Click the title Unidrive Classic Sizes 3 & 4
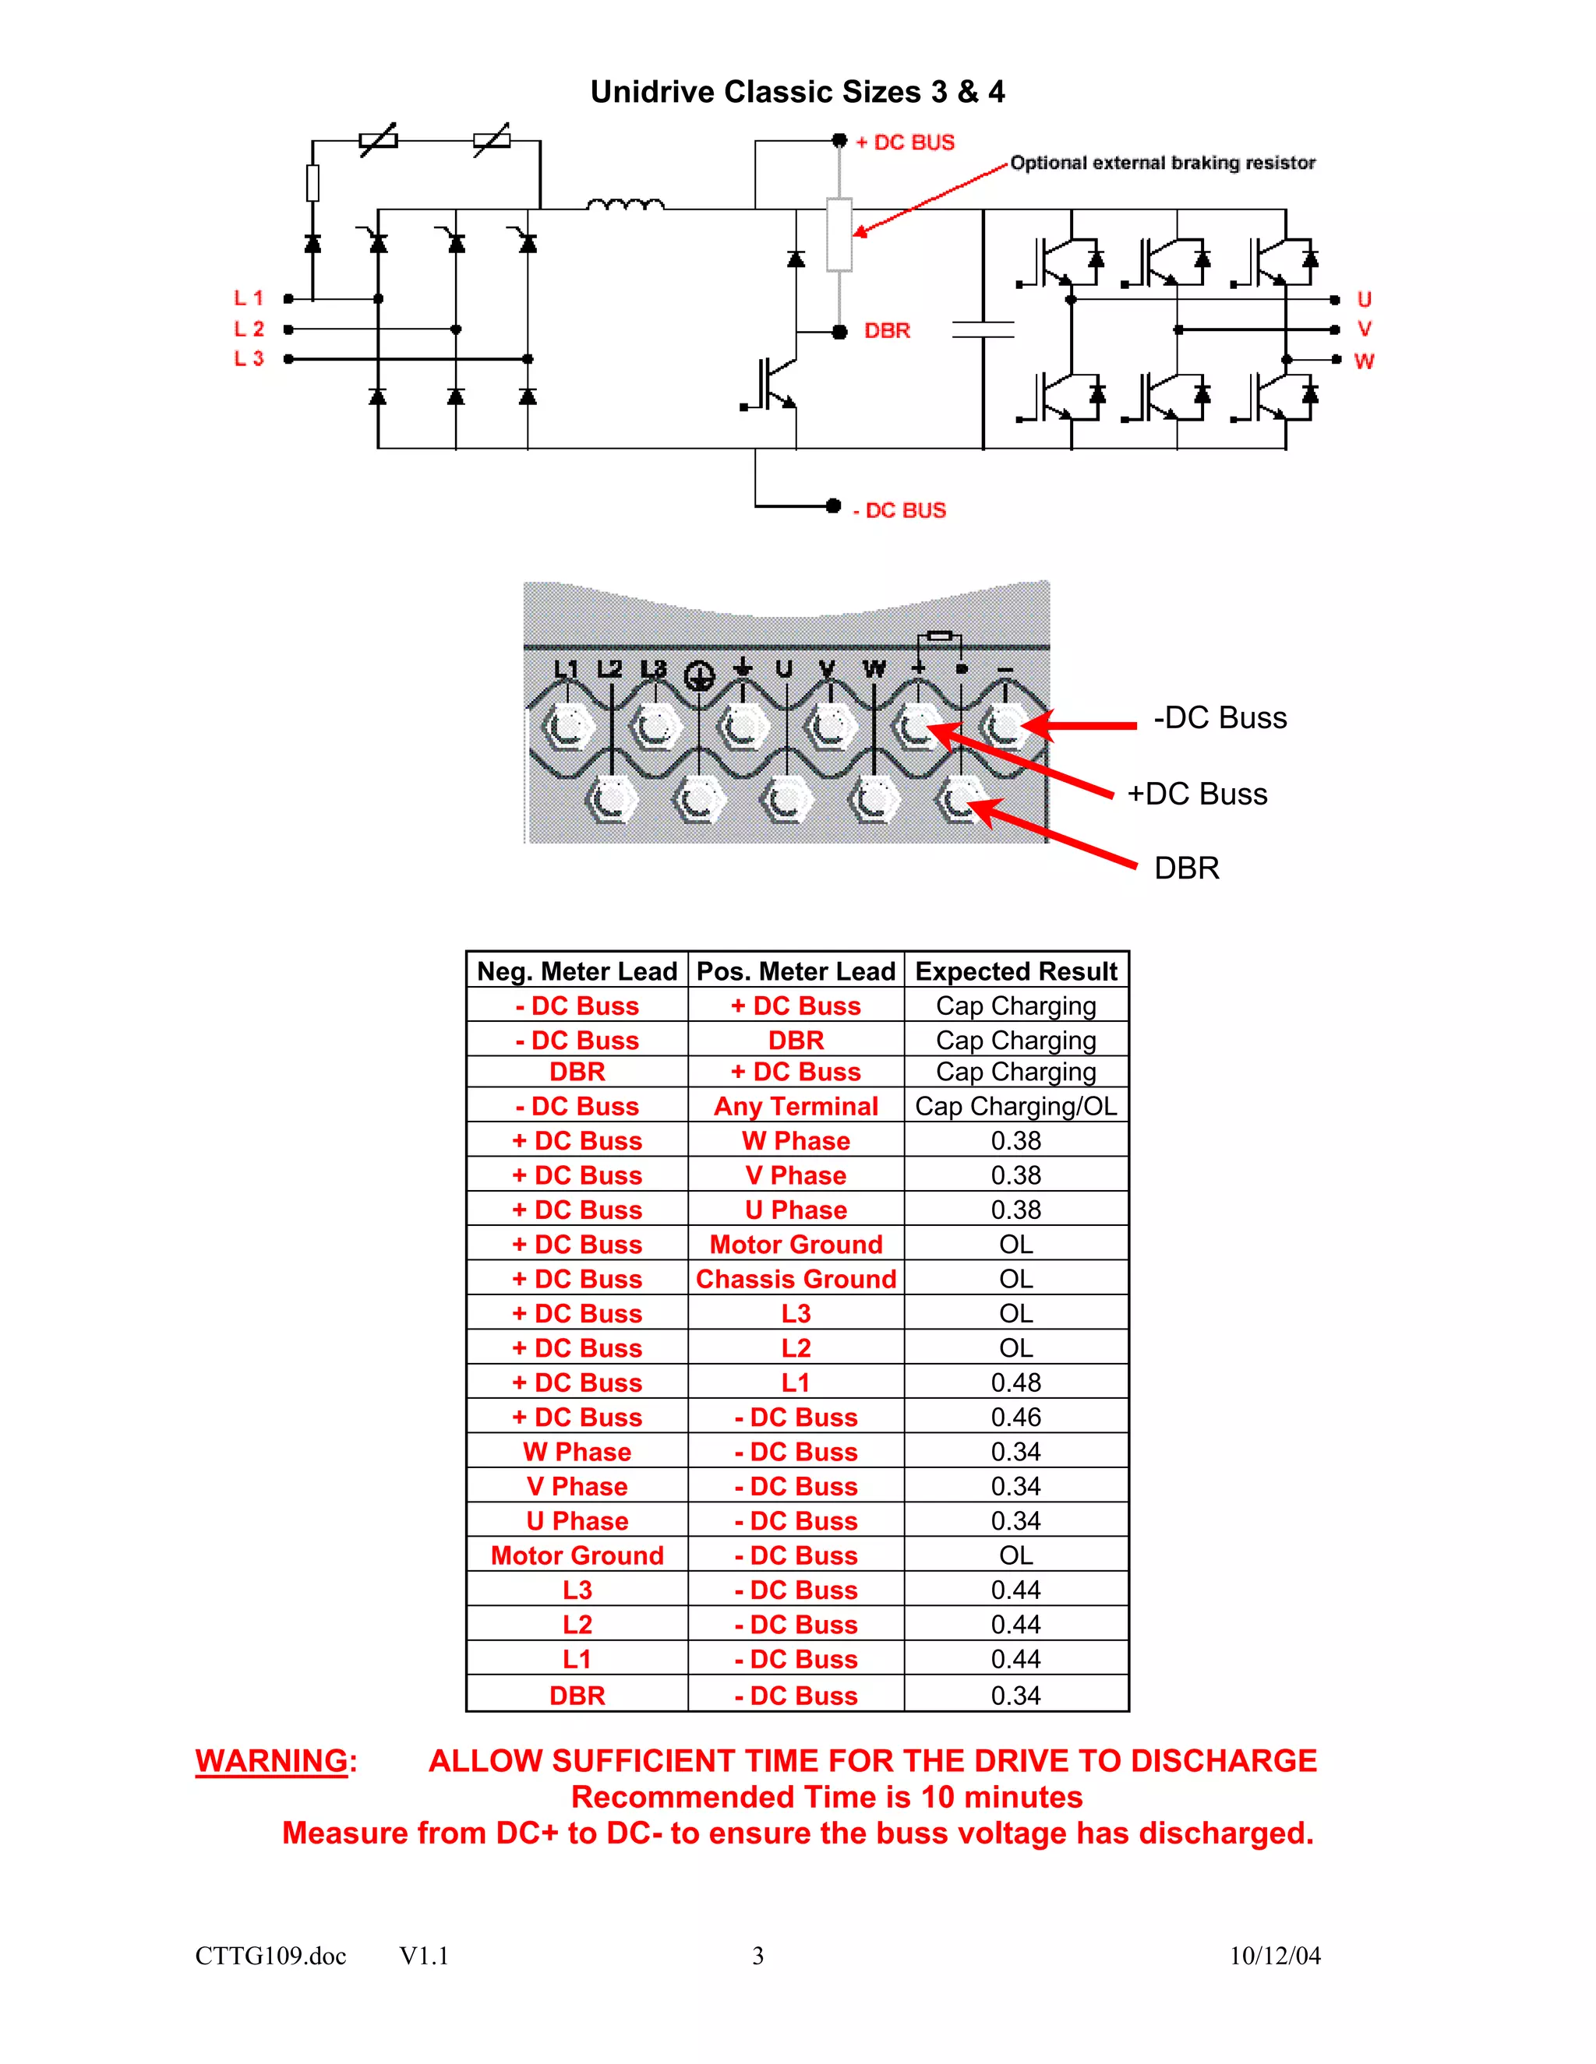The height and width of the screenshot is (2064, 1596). click(797, 92)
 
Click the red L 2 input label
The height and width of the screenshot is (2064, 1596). click(249, 329)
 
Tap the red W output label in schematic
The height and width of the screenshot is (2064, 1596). click(1364, 361)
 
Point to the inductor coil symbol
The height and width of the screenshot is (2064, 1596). click(625, 204)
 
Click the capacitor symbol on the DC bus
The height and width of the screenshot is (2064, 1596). click(983, 329)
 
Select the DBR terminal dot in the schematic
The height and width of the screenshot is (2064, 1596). click(839, 332)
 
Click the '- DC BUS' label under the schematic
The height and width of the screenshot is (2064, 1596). click(899, 510)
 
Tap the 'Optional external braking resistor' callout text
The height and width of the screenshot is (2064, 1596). click(1162, 163)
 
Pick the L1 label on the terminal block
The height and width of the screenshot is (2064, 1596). click(566, 668)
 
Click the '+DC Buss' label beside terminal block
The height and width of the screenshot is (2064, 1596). click(1196, 794)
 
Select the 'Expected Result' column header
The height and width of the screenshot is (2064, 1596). click(1015, 971)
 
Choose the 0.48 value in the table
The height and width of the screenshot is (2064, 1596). click(1015, 1382)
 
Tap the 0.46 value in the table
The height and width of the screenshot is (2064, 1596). click(1015, 1417)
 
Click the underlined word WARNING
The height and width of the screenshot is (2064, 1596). click(271, 1761)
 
